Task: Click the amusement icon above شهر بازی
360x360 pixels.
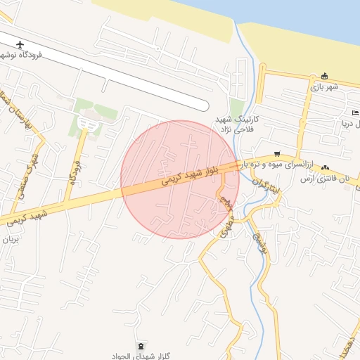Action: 324,76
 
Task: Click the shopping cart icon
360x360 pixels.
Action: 277,153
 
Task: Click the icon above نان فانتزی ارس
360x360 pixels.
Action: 325,168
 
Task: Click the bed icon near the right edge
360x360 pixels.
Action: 355,113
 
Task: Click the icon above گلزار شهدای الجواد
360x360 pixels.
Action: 143,345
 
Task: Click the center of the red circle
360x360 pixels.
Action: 180,179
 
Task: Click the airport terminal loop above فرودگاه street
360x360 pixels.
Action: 87,124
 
